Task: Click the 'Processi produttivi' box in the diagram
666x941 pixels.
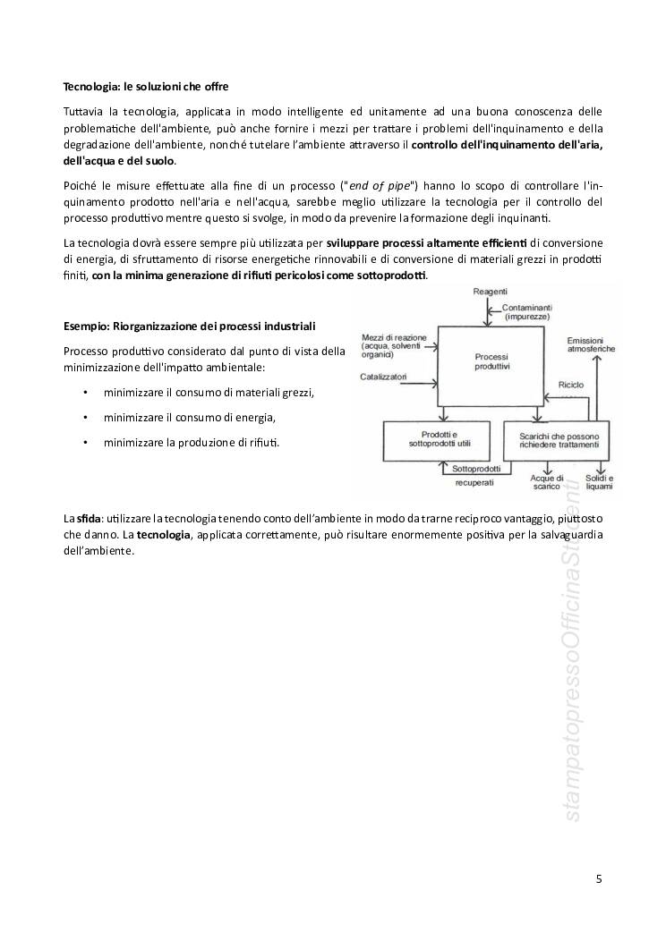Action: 491,361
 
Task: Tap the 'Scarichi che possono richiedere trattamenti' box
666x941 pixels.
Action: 555,438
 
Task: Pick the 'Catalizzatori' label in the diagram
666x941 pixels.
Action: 384,377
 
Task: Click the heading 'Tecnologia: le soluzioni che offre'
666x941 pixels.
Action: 146,87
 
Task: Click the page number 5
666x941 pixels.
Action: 599,879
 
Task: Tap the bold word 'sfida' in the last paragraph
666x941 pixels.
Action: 88,518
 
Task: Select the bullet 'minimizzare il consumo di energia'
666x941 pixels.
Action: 190,417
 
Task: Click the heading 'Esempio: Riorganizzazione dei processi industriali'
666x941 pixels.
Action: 189,326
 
